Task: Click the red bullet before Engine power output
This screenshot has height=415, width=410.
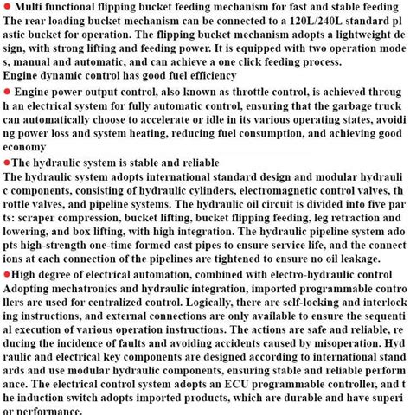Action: pos(7,91)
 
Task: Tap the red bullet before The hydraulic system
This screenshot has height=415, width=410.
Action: pos(6,163)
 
